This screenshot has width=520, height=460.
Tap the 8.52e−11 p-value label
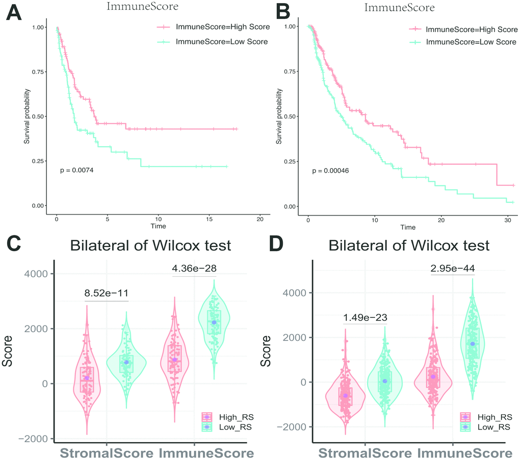107,293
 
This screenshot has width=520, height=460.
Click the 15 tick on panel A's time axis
209,219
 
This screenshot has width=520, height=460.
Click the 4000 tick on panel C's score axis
37,274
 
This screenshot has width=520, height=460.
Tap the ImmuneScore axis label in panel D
464,452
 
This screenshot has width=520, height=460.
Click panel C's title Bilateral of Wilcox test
150,246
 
